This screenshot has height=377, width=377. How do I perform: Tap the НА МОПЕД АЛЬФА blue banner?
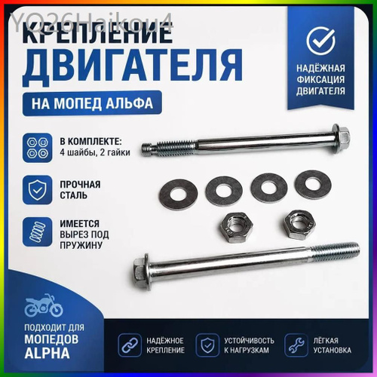92,103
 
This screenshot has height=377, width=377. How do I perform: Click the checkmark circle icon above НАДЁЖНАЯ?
320,41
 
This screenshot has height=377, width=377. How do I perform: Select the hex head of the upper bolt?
341,138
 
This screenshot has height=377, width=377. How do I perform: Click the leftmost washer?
178,194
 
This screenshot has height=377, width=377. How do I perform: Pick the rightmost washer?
313,185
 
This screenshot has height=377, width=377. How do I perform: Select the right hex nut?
300,224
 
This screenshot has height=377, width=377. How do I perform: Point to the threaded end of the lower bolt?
334,251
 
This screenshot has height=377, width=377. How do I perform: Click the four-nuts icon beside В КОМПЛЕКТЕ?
38,148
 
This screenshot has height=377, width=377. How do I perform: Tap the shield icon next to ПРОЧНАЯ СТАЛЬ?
38,190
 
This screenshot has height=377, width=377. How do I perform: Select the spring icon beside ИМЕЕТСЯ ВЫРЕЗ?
38,232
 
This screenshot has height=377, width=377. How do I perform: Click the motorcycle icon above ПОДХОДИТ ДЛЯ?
43,305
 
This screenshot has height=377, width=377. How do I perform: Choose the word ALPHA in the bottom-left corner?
47,353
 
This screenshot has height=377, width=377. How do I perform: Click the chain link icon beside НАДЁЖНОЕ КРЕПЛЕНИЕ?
130,345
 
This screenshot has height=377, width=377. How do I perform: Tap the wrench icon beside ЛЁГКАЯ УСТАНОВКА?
296,345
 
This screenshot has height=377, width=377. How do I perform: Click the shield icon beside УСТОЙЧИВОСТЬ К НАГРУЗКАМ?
207,345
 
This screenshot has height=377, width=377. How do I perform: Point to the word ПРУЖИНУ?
81,245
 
